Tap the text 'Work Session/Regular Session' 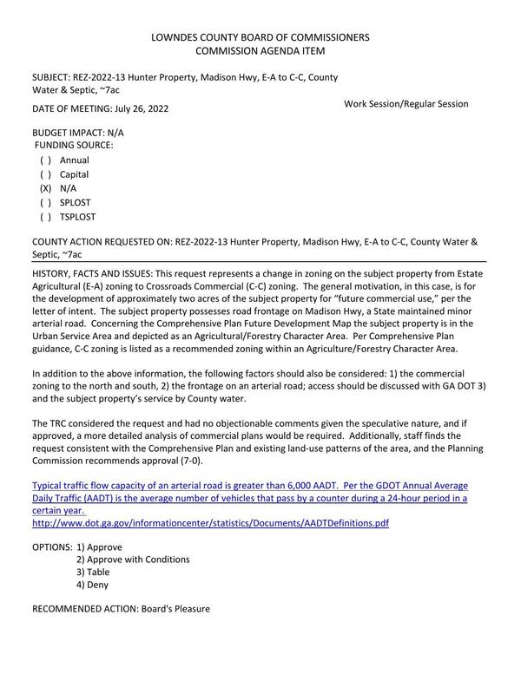[x=406, y=104]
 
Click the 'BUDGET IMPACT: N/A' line [x=77, y=133]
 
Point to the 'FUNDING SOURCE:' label [x=74, y=146]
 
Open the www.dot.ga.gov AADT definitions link [x=210, y=523]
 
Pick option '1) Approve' [x=98, y=547]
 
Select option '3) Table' [x=92, y=573]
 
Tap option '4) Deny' [x=92, y=585]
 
